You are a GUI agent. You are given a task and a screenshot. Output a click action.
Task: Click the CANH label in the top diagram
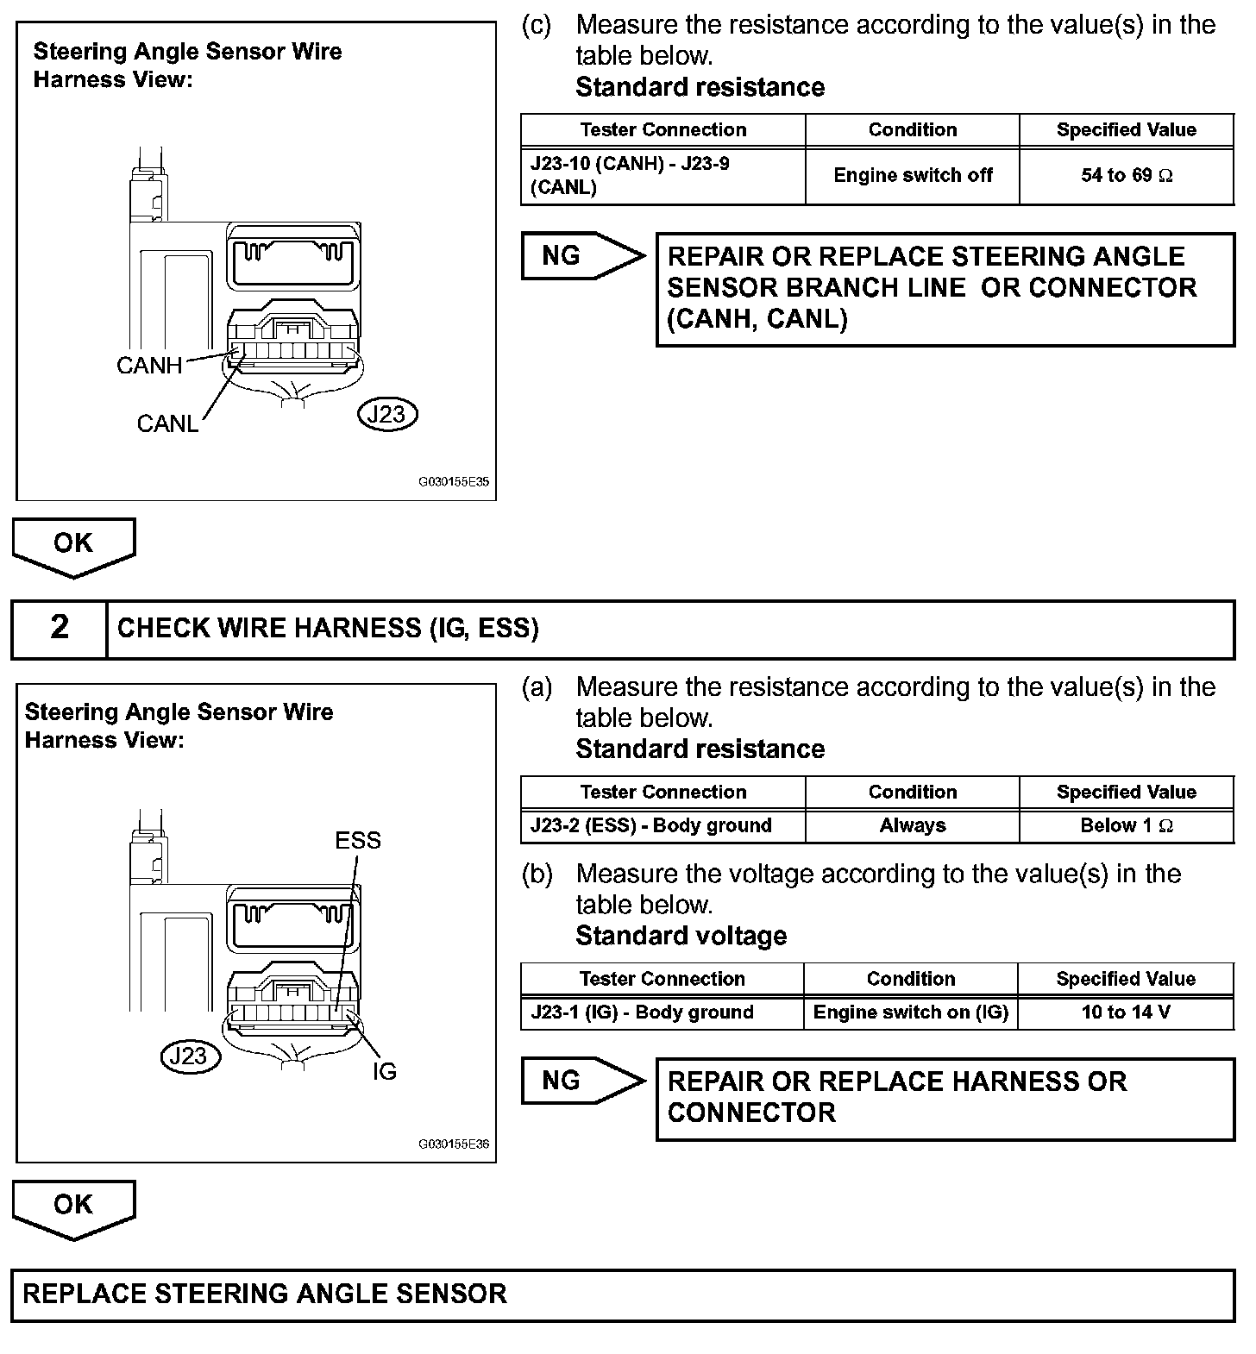click(149, 366)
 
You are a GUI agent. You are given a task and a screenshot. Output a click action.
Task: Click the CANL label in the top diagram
click(167, 423)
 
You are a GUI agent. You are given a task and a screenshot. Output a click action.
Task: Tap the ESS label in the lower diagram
click(357, 840)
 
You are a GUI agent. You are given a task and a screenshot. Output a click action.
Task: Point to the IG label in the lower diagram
click(384, 1071)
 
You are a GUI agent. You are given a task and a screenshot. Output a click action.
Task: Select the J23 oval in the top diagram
click(386, 415)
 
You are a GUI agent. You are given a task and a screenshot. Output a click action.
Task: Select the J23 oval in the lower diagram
click(191, 1056)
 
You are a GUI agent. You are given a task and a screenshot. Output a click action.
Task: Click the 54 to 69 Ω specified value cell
click(1127, 176)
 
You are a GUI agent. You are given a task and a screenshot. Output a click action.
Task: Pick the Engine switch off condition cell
click(913, 176)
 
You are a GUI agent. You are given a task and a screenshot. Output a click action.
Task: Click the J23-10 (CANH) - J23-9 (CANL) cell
click(663, 176)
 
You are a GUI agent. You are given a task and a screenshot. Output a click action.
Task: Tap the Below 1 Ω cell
click(1127, 826)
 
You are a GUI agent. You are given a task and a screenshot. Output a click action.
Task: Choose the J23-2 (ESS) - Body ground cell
click(663, 826)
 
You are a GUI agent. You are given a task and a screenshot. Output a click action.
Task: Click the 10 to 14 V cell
click(1126, 1012)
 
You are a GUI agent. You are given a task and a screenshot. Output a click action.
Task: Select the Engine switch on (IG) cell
click(911, 1012)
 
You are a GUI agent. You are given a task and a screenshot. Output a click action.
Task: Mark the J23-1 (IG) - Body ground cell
click(662, 1012)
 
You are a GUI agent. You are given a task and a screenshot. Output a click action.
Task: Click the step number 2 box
click(60, 629)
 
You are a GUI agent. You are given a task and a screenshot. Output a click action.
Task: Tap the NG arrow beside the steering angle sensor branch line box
click(581, 256)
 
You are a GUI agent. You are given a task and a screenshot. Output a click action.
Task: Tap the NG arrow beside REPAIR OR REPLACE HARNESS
click(581, 1081)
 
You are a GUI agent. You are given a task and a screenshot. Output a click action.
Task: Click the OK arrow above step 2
click(73, 546)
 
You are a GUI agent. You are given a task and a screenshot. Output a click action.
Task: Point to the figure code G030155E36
click(454, 1144)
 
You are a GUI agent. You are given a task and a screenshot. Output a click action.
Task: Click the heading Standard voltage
click(681, 937)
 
